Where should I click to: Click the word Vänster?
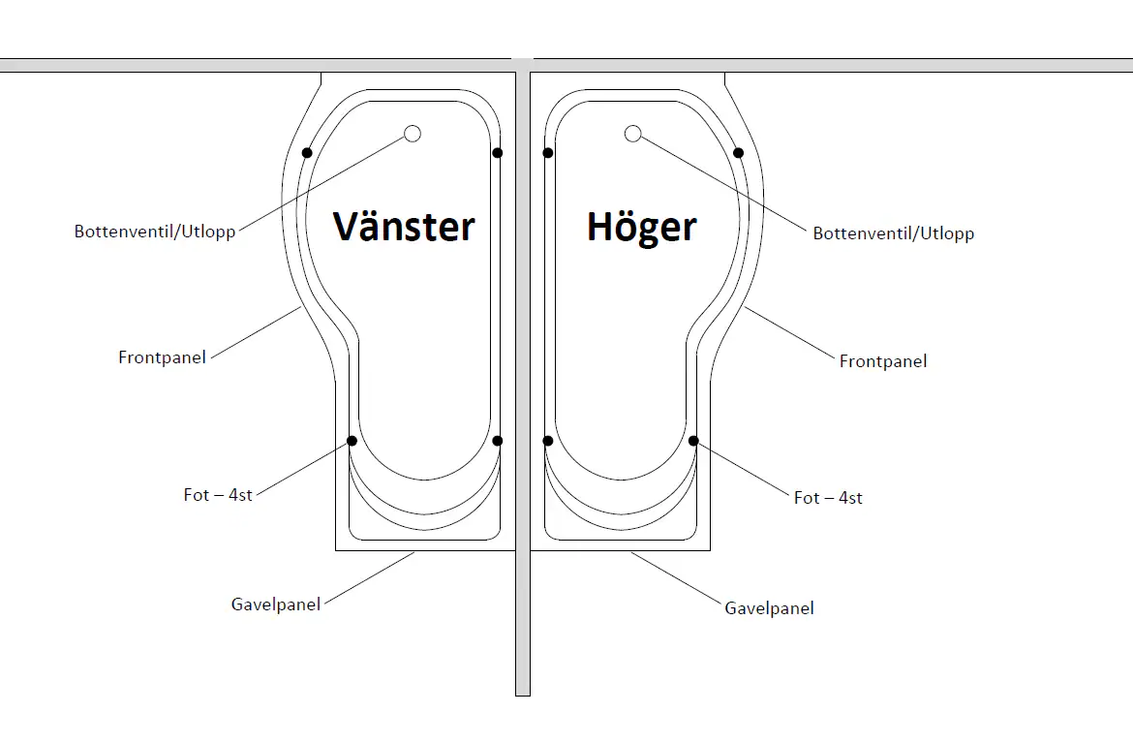point(404,227)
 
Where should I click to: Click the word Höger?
point(641,228)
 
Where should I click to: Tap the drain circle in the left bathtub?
point(413,134)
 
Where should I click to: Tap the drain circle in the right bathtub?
point(632,134)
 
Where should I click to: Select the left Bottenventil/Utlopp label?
point(155,232)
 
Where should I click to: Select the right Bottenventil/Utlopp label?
point(893,233)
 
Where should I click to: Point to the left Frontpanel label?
point(162,357)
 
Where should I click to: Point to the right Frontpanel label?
point(882,361)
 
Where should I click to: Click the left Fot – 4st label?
point(218,495)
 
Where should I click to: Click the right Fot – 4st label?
point(828,498)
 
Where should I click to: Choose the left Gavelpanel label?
point(275,604)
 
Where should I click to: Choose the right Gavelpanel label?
point(769,608)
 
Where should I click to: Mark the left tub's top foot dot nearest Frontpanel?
point(307,153)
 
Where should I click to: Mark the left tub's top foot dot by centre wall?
point(498,153)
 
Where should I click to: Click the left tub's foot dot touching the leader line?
point(352,441)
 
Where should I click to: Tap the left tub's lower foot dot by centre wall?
point(498,441)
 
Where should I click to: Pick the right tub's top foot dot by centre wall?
point(548,153)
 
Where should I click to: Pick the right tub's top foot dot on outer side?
point(738,153)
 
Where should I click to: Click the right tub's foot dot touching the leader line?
point(693,441)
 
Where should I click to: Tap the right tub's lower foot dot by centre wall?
point(548,441)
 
